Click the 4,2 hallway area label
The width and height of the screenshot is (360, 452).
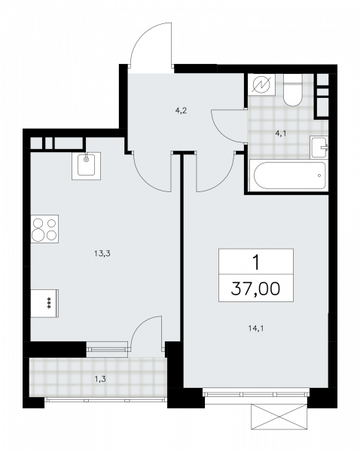point(181,111)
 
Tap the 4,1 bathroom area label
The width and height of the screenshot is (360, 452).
point(281,134)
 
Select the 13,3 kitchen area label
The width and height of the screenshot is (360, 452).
point(102,254)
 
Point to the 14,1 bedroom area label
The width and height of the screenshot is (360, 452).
point(256,328)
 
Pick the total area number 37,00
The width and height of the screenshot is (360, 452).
point(255,289)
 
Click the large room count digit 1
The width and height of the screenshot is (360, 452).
point(256,263)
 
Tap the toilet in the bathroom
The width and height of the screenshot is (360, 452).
point(292,90)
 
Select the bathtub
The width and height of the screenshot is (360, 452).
point(290,176)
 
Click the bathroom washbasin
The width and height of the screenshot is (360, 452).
point(319,148)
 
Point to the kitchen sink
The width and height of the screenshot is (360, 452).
point(86,166)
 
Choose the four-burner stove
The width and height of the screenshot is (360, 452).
point(44,229)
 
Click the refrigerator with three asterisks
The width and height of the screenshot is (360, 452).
point(44,304)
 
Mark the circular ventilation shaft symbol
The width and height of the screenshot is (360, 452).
point(261,84)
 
